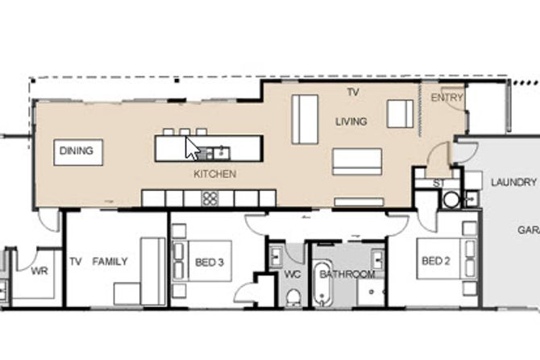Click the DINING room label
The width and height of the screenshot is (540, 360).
(76, 151)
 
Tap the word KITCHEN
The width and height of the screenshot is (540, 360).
(215, 174)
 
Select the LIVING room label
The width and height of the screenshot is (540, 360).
(351, 122)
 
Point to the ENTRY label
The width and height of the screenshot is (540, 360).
(447, 97)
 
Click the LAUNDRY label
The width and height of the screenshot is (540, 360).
(514, 182)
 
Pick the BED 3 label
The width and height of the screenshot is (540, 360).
(210, 263)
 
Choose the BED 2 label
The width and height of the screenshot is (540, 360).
(436, 261)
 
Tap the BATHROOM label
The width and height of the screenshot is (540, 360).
(347, 275)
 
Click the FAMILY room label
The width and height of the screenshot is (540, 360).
(110, 262)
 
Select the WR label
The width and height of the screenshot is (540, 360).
(39, 271)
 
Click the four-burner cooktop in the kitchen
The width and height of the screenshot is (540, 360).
(210, 199)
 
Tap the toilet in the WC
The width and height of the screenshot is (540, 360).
(293, 298)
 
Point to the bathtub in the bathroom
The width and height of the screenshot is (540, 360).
(322, 284)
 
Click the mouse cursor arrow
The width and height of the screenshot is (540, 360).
(192, 149)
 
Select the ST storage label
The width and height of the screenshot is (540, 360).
(438, 184)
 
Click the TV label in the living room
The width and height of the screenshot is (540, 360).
(353, 92)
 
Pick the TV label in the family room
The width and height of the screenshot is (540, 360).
(76, 262)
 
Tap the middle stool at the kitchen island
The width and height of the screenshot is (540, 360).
(185, 132)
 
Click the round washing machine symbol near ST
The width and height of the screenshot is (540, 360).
(451, 200)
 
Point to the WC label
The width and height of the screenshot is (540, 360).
(293, 275)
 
